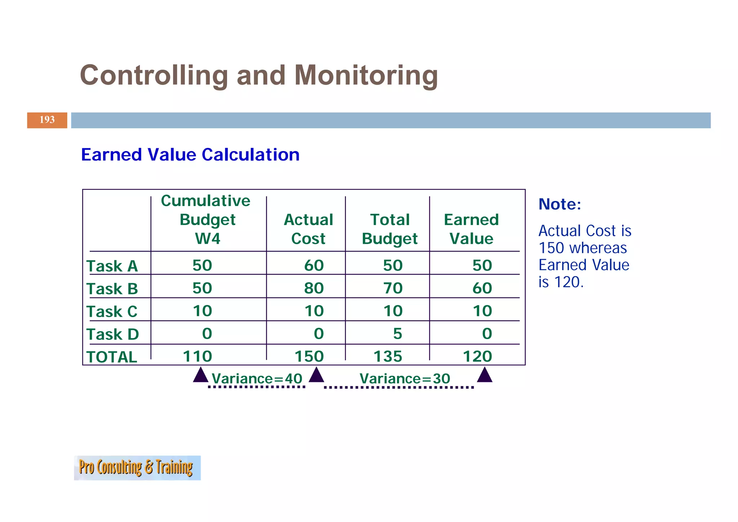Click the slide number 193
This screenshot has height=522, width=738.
pos(47,120)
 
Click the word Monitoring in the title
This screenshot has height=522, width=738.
pos(366,75)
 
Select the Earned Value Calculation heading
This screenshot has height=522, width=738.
pos(190,155)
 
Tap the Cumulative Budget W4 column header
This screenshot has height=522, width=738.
pos(206,219)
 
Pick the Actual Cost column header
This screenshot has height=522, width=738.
pos(308,229)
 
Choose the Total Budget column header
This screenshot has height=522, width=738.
pos(390,229)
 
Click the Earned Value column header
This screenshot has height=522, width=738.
pos(471,229)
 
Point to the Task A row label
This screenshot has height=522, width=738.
pos(112,266)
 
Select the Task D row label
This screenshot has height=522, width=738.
pos(112,334)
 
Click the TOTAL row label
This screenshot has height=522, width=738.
pos(112,357)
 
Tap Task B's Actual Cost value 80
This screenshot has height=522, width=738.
pos(314,288)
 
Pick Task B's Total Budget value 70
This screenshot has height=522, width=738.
pos(393,288)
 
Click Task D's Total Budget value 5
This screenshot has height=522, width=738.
pos(397,334)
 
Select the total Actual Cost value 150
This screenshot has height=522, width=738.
pos(309,356)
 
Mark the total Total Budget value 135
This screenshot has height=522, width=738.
pos(388,356)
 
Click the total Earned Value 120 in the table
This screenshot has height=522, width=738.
pos(477,356)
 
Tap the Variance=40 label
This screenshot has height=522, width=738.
pos(257,379)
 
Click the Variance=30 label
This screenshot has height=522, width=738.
pos(405,379)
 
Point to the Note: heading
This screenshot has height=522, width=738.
pos(560,204)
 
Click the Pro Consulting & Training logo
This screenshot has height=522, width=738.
pos(137,468)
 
